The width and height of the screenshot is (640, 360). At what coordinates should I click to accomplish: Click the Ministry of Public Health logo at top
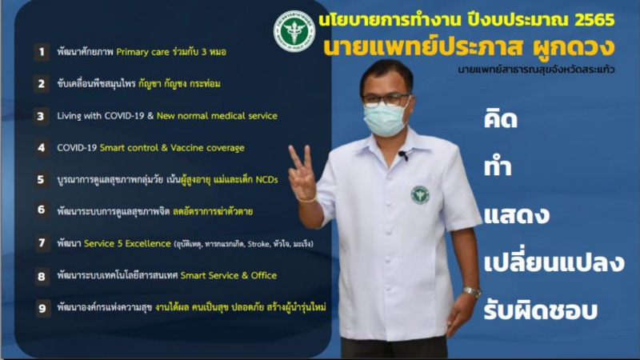pos(294,31)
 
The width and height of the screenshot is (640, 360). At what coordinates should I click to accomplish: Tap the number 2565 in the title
pos(594,19)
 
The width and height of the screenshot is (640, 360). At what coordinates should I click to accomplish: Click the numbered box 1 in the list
pos(42,52)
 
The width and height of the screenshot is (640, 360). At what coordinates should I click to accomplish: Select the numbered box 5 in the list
pos(42,179)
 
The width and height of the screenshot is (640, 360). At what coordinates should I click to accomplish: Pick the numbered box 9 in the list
pos(42,308)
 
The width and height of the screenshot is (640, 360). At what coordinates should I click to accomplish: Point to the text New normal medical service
pos(217,115)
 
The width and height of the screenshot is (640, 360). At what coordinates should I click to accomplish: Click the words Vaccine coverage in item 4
pos(207,147)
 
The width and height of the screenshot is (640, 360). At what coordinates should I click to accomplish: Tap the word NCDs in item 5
pos(266,179)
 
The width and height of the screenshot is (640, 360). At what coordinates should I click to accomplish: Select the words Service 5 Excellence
pos(127,244)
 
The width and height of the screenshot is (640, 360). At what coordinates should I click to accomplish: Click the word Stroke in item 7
pos(258,244)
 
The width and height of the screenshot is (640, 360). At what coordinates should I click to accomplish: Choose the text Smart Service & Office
pos(229,275)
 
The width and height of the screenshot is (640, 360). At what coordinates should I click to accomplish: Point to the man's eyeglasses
pos(385,99)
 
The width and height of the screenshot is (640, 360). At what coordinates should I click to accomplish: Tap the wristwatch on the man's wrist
pos(471,291)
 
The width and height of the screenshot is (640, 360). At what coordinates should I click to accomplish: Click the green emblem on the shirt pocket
pos(420,194)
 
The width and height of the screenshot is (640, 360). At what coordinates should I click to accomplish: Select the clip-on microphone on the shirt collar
pos(403,155)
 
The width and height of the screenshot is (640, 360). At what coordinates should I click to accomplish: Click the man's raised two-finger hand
pos(302,174)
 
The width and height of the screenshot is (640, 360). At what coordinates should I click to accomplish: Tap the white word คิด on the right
pos(501,118)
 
